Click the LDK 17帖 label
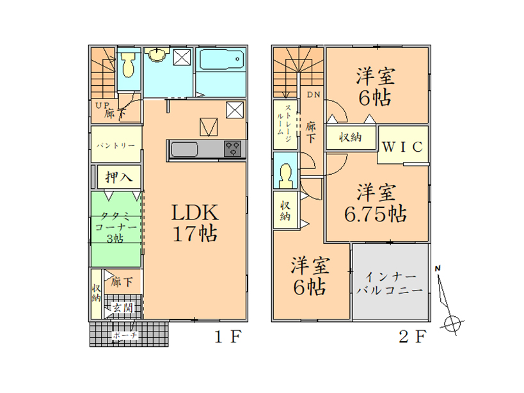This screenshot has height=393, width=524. click(x=195, y=222)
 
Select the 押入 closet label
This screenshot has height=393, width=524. click(x=119, y=176)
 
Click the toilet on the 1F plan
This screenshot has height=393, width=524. click(x=127, y=65)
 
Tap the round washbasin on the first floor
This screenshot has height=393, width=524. click(x=155, y=57)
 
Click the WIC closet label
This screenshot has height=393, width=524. click(x=402, y=147)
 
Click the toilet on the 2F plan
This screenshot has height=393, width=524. click(x=285, y=175)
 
